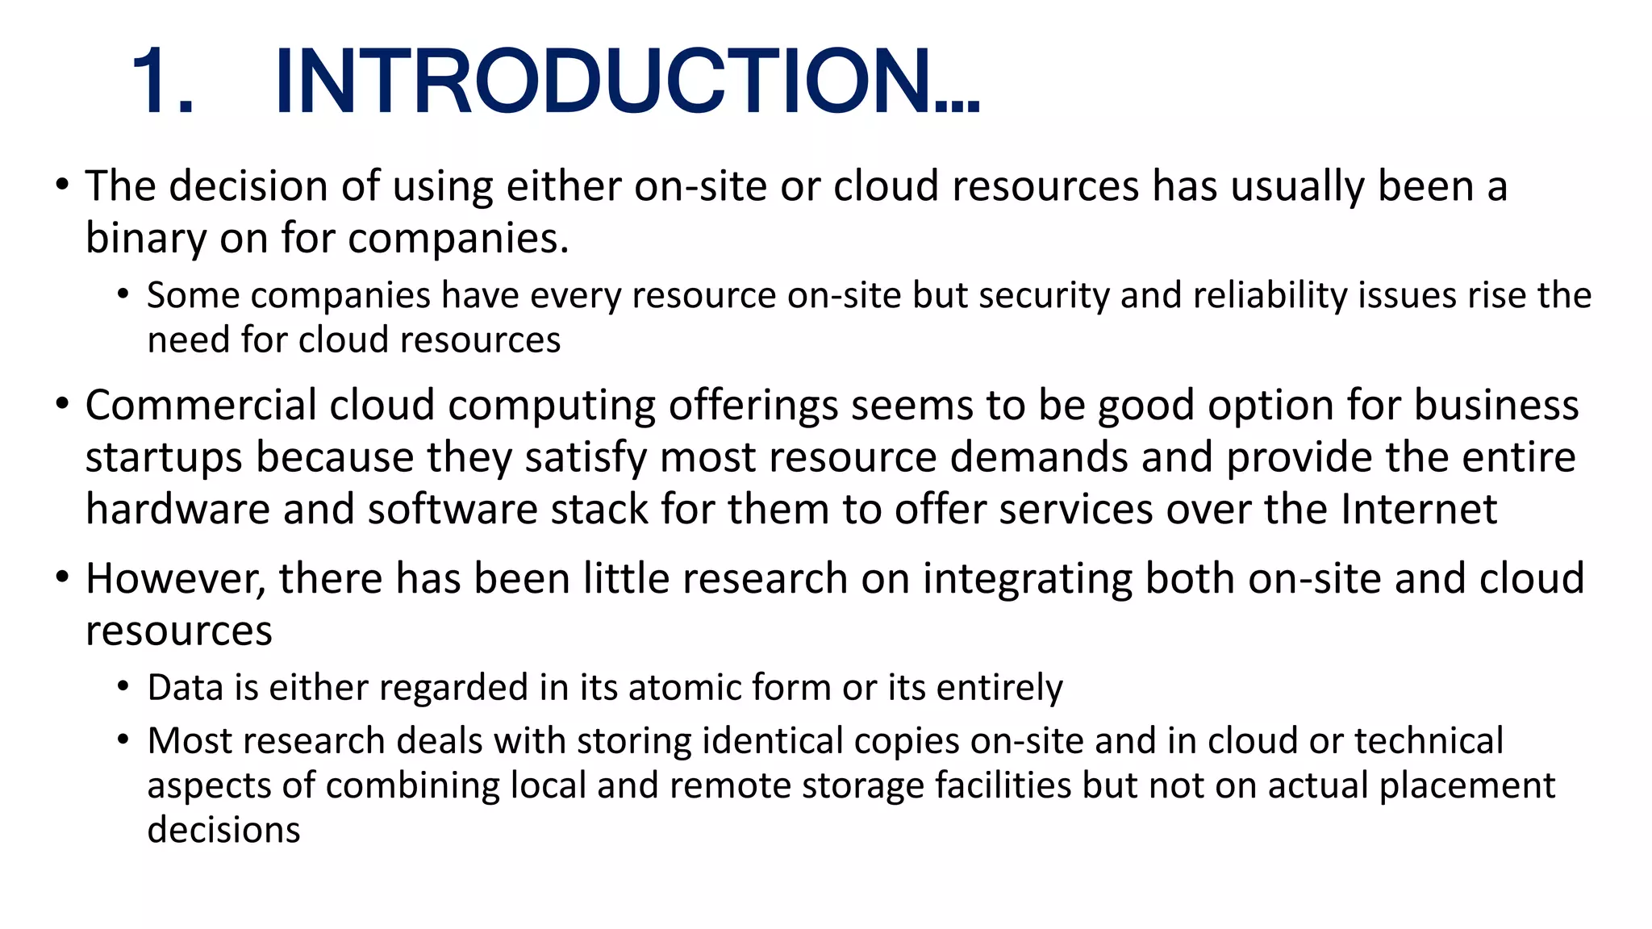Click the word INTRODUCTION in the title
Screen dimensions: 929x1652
click(x=601, y=81)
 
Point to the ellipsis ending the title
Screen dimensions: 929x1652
click(x=957, y=106)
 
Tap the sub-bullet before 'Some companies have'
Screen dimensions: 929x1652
click(x=123, y=294)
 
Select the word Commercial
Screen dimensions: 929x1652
click(x=200, y=405)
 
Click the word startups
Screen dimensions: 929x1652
click(x=164, y=458)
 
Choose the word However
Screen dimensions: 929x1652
click(x=175, y=580)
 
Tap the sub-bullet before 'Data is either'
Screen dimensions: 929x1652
click(x=123, y=687)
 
